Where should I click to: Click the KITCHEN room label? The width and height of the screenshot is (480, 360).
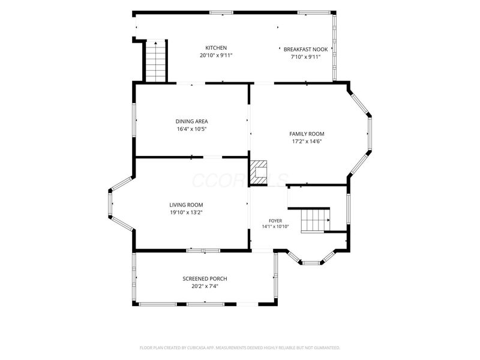pyautogui.click(x=216, y=48)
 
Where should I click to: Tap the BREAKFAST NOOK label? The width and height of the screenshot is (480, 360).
pyautogui.click(x=305, y=49)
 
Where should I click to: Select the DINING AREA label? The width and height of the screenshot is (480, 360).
pyautogui.click(x=191, y=122)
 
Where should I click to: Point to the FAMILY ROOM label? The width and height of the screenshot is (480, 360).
pyautogui.click(x=307, y=134)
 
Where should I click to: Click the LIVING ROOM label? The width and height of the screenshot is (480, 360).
pyautogui.click(x=186, y=205)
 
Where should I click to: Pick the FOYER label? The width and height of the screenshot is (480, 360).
pyautogui.click(x=275, y=221)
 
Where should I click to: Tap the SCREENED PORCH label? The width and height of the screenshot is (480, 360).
pyautogui.click(x=205, y=279)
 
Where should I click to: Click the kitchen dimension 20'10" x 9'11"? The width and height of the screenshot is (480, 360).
pyautogui.click(x=216, y=56)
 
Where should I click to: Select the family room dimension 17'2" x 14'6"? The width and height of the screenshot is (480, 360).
pyautogui.click(x=307, y=142)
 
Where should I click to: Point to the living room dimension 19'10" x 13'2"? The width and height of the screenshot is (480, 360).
pyautogui.click(x=187, y=212)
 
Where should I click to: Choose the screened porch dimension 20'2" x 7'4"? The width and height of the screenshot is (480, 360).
pyautogui.click(x=205, y=287)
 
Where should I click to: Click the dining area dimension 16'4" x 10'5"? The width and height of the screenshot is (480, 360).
pyautogui.click(x=191, y=129)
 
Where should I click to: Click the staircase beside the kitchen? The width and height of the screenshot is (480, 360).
pyautogui.click(x=156, y=61)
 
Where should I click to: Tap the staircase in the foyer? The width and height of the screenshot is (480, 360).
pyautogui.click(x=316, y=220)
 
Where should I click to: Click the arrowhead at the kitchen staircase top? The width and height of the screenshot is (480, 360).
pyautogui.click(x=156, y=43)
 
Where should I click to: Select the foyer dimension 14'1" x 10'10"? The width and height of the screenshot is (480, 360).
pyautogui.click(x=275, y=227)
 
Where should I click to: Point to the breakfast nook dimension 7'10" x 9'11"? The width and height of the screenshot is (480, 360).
pyautogui.click(x=305, y=57)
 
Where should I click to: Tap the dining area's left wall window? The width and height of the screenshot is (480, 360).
pyautogui.click(x=134, y=120)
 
